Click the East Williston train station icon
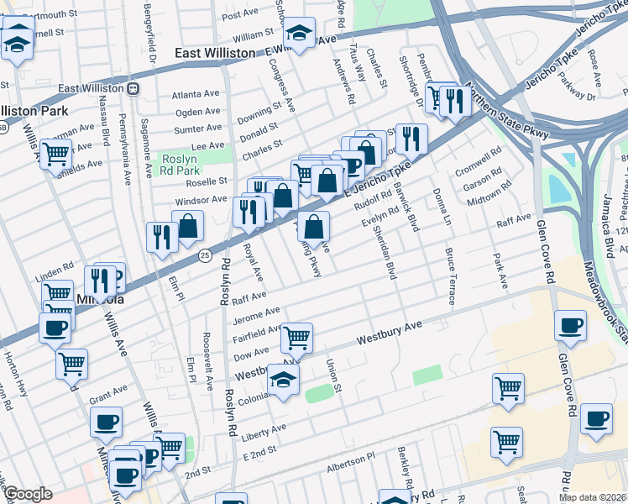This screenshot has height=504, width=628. click(x=133, y=88)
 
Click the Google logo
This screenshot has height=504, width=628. click(x=28, y=494)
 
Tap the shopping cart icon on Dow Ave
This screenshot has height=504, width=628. click(x=296, y=338)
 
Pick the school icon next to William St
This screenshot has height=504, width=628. click(x=299, y=34)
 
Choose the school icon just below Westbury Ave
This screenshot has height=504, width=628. click(x=284, y=380)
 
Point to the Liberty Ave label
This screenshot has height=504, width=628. click(x=264, y=429)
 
